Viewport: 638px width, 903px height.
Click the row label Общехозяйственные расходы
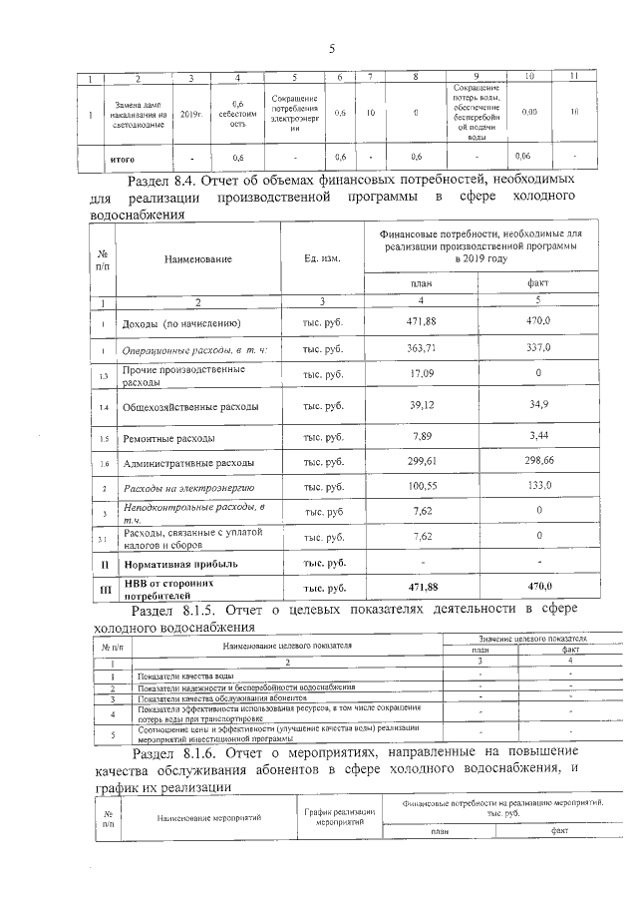tap(190, 407)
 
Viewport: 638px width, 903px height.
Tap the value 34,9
tap(536, 406)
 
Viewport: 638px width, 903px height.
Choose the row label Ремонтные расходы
tap(171, 438)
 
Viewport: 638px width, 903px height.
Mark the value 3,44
tap(536, 437)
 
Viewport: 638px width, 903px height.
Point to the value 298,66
tap(536, 463)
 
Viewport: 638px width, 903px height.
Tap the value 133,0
tap(536, 488)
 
